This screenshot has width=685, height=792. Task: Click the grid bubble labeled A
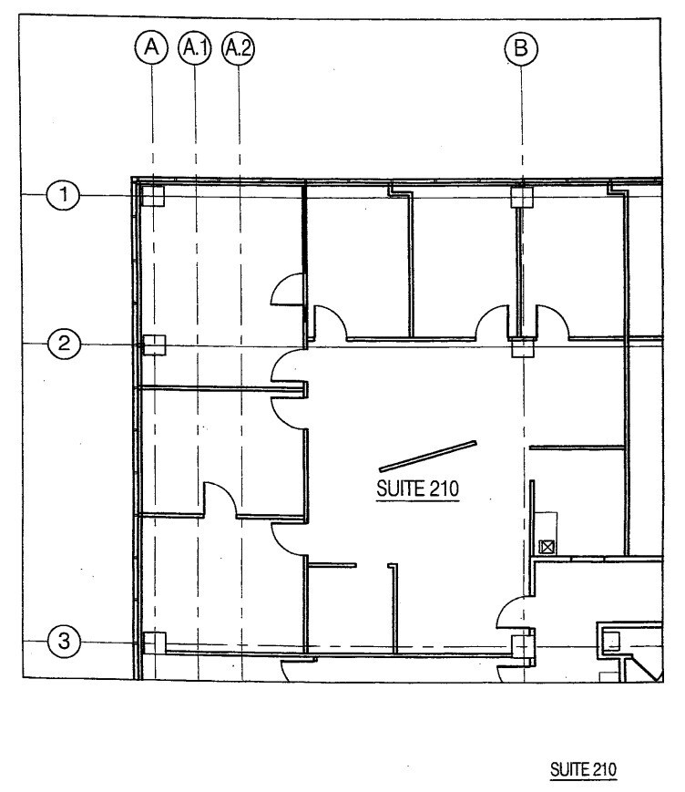tap(152, 46)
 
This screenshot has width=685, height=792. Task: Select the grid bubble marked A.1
tap(195, 46)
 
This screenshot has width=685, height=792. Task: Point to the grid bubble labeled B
tap(521, 47)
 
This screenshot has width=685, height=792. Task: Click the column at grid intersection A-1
tap(153, 195)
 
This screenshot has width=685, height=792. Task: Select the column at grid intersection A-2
tap(154, 345)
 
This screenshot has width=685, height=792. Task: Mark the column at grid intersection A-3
tap(154, 642)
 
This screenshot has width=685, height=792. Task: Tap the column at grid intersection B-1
tap(521, 195)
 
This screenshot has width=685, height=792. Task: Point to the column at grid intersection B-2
tap(522, 347)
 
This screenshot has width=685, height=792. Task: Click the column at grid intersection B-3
tap(521, 646)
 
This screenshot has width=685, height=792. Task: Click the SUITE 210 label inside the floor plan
tap(418, 489)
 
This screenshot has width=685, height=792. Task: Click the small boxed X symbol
tap(547, 548)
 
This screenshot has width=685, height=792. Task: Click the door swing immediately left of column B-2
tap(493, 322)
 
